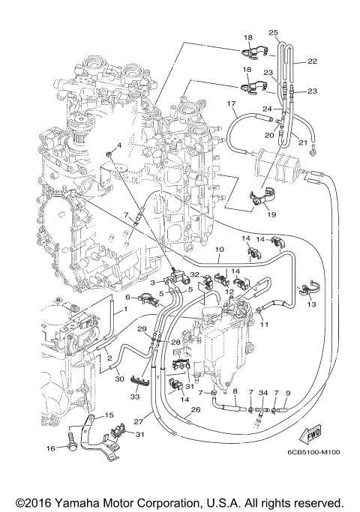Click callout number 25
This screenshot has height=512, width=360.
pos(273,33)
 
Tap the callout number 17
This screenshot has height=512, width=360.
pos(232,103)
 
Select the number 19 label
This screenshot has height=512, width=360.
pos(271,214)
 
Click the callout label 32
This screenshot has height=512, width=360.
pos(193,275)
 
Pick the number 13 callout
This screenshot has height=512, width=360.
pos(311,305)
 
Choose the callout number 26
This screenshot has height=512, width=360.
pos(196,409)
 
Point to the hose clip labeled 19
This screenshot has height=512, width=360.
pos(259,199)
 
